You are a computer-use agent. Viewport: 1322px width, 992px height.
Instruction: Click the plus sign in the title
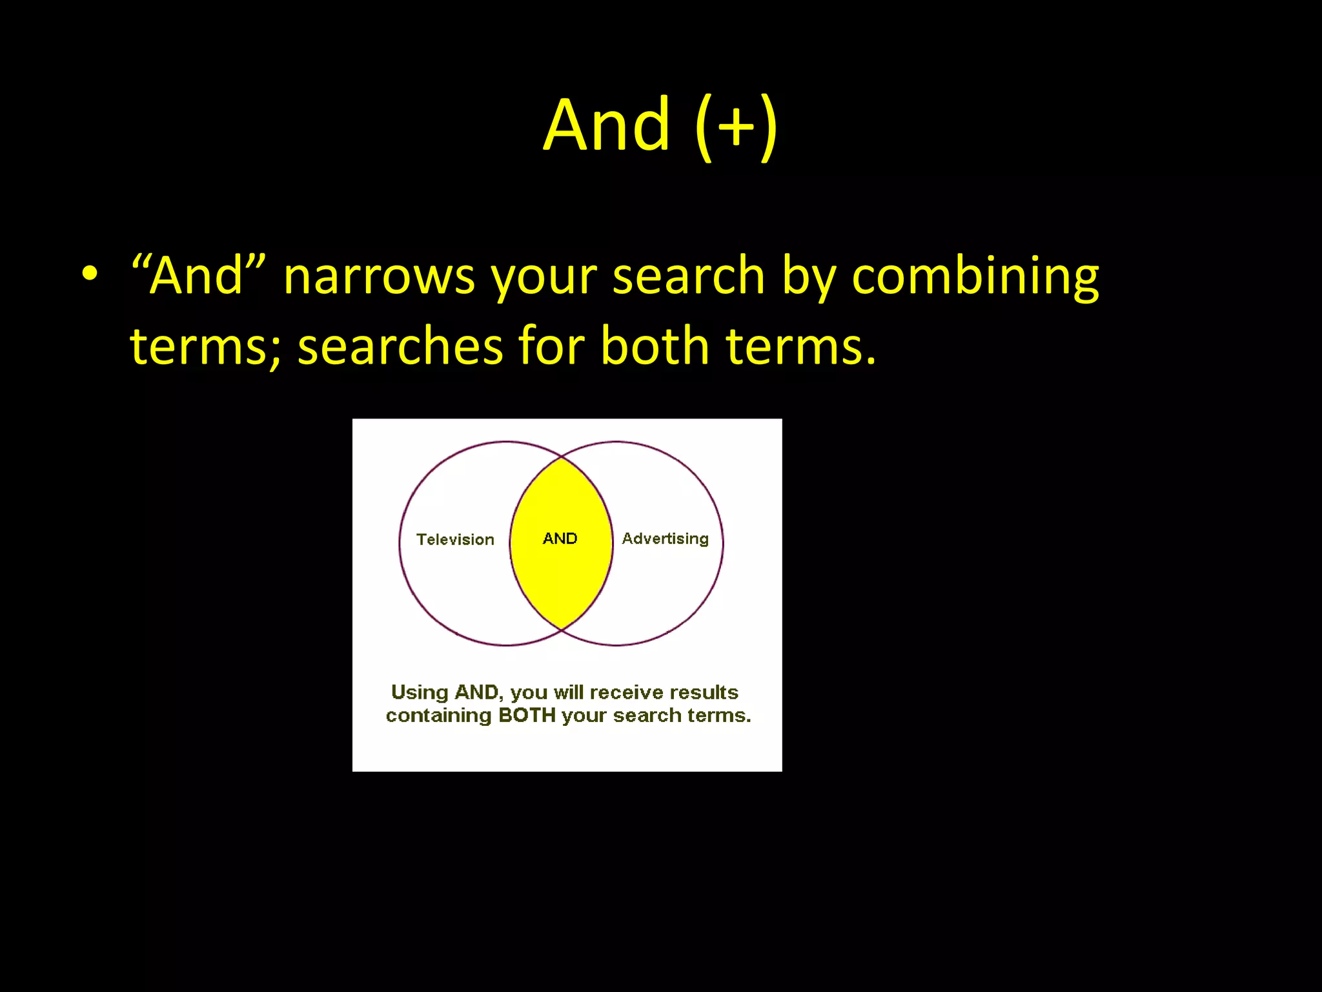(736, 127)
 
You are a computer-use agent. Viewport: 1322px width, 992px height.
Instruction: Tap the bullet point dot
(90, 273)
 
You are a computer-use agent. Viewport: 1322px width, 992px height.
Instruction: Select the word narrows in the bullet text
(379, 276)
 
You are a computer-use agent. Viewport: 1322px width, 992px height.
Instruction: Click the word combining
(975, 276)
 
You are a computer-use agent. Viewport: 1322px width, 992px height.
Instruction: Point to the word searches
(400, 346)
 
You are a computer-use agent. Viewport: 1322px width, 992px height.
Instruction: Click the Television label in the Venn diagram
(455, 540)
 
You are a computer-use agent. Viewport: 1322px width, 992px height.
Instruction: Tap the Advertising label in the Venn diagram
(665, 539)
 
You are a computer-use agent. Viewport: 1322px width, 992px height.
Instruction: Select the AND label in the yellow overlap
(560, 539)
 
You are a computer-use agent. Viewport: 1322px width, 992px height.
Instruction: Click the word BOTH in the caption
(527, 716)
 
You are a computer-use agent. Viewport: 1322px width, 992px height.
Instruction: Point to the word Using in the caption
(420, 692)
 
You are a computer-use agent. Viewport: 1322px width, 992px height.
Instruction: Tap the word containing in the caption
(438, 716)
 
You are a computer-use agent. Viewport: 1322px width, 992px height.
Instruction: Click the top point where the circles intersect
(562, 457)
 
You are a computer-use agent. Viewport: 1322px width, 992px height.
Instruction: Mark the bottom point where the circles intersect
(562, 629)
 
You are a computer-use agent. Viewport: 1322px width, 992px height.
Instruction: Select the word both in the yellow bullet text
(655, 346)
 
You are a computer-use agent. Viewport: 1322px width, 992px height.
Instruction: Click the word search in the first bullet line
(688, 276)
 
